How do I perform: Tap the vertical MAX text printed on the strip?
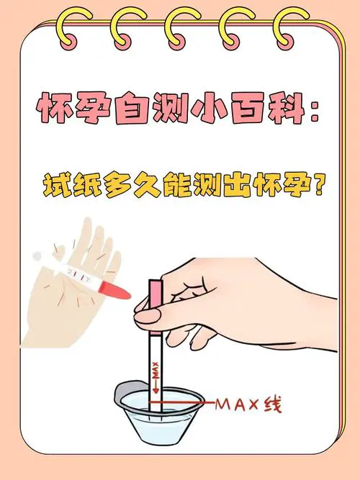point(153,372)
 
